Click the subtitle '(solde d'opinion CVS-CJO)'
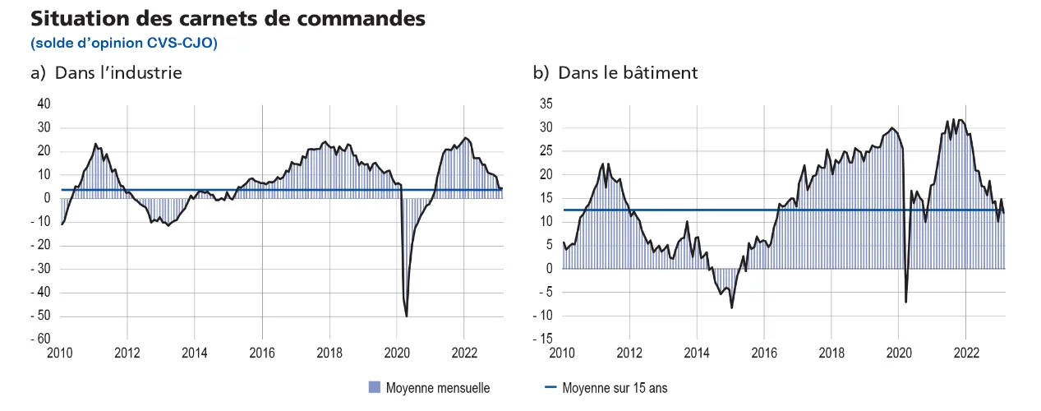[x=123, y=42]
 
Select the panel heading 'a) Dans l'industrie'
[x=106, y=72]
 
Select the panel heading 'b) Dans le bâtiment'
[x=615, y=72]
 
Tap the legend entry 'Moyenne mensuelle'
[x=437, y=388]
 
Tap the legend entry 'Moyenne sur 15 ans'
[x=615, y=388]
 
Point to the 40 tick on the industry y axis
[x=43, y=104]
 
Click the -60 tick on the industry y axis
[x=40, y=339]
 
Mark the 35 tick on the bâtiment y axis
[x=546, y=104]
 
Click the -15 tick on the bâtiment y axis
[x=544, y=339]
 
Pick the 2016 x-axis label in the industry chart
[x=262, y=354]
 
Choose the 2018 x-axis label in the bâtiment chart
[x=831, y=354]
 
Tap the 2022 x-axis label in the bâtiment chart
[x=965, y=354]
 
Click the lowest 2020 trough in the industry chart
[x=407, y=316]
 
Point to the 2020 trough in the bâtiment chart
[x=905, y=302]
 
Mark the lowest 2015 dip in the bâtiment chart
[x=731, y=307]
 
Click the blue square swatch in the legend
[x=375, y=388]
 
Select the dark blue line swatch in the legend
[x=549, y=388]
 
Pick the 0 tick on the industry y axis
[x=47, y=198]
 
